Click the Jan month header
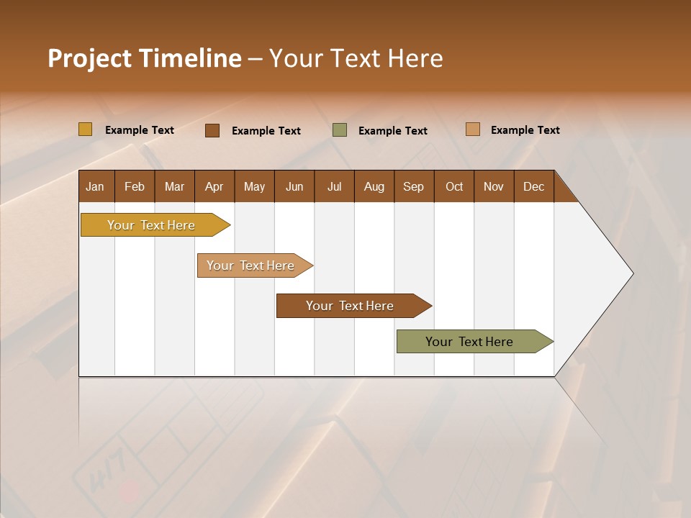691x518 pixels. tap(95, 187)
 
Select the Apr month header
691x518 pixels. tap(214, 187)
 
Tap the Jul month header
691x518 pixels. tap(334, 187)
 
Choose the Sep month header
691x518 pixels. tap(413, 187)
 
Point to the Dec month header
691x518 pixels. tap(533, 187)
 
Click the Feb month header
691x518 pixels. tap(135, 187)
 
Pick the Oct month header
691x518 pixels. tap(454, 187)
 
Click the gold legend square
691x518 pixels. tap(86, 129)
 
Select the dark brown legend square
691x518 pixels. tap(212, 130)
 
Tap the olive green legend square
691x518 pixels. tap(340, 130)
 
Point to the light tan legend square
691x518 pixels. tap(473, 129)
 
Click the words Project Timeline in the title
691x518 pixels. tap(144, 58)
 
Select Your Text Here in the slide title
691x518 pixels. tap(356, 58)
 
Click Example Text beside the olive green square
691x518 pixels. tap(392, 131)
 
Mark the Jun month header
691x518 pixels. tap(294, 187)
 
